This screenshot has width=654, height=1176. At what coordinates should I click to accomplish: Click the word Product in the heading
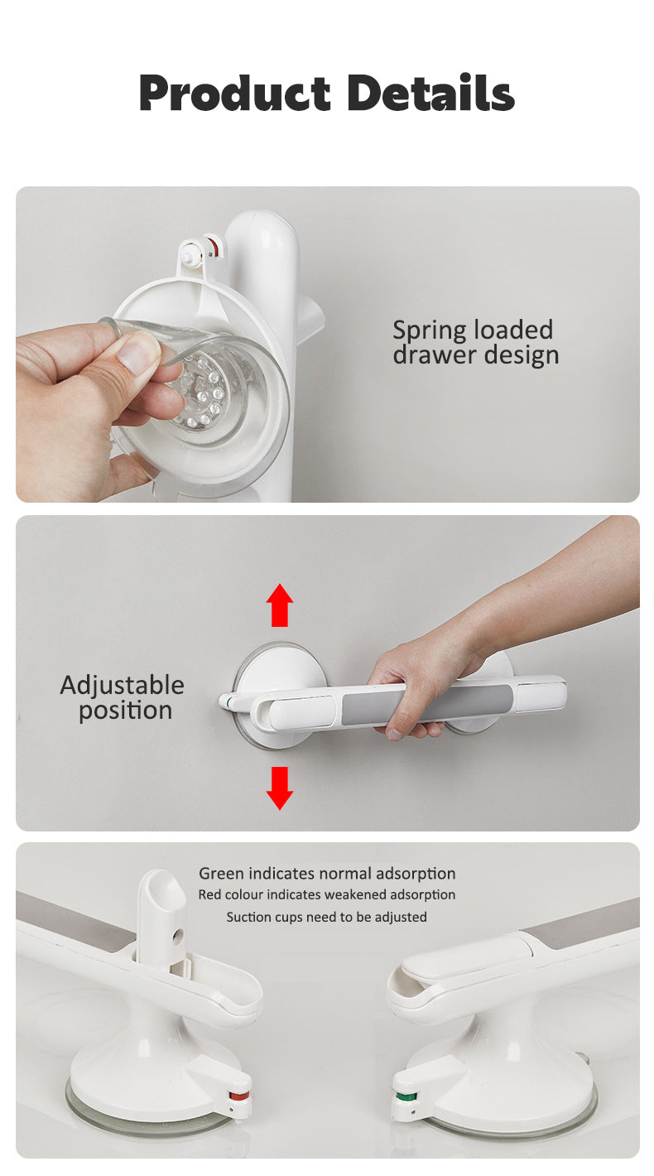pos(234,94)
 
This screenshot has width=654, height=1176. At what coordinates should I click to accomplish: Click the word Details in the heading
pos(430,93)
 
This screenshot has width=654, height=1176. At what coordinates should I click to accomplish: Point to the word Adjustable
pos(123,686)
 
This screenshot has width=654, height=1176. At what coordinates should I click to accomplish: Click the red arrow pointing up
pos(280,605)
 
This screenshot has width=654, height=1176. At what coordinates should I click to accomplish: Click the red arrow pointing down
pos(280,788)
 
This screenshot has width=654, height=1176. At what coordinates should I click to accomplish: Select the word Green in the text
pos(221,874)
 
